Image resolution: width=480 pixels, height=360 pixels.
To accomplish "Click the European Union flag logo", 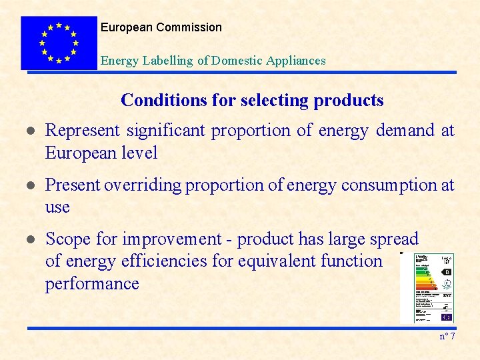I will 59,43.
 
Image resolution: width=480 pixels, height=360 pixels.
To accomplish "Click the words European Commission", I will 161,27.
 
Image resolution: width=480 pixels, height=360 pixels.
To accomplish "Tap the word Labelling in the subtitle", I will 169,61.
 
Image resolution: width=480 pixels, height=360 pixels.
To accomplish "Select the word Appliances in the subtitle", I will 295,61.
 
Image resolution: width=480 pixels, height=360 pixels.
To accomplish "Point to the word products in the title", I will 349,101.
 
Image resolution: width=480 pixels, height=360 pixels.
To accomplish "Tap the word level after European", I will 137,153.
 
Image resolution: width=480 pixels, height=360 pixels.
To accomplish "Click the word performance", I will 92,284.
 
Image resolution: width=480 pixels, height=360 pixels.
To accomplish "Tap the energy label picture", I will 427,287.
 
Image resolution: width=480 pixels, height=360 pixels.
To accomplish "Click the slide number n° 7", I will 447,336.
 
